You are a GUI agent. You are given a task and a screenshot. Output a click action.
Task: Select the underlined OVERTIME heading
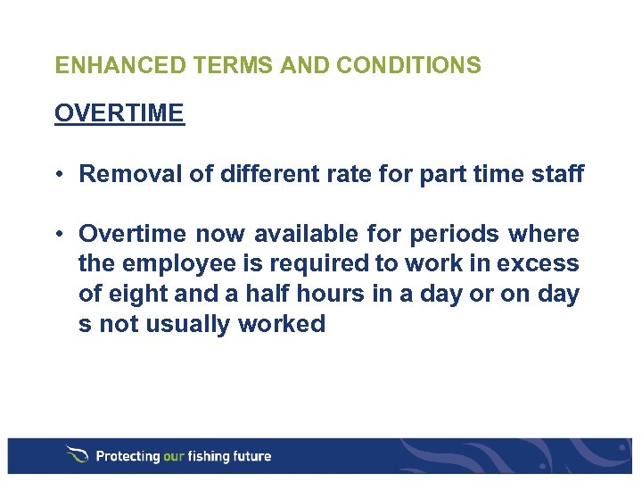(119, 113)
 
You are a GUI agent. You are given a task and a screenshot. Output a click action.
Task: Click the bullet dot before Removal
(57, 173)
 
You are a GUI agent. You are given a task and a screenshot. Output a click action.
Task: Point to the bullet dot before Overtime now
(57, 234)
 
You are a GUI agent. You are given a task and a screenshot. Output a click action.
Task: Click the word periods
(455, 235)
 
